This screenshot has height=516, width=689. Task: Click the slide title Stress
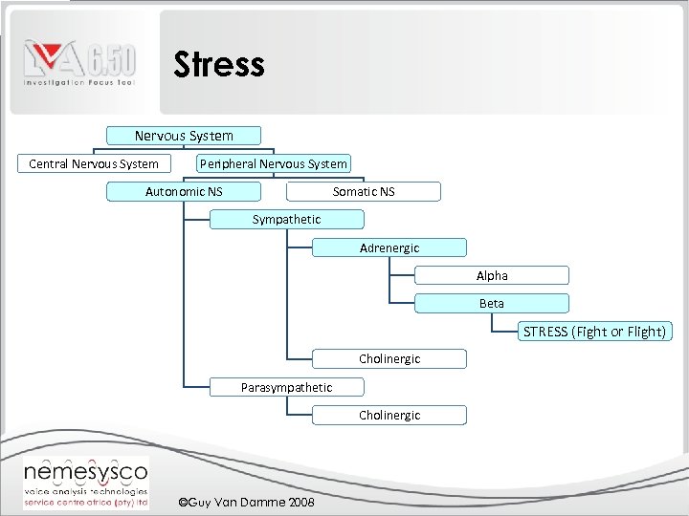tap(218, 65)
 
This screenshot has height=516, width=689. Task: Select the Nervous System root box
tap(184, 136)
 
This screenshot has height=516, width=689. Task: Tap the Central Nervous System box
tap(94, 163)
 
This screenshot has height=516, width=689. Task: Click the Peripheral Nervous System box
tap(274, 163)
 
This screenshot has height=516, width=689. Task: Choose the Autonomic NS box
tap(184, 191)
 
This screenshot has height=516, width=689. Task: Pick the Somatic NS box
tap(364, 191)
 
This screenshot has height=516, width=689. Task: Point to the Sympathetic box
tap(286, 219)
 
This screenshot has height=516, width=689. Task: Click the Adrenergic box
tap(389, 247)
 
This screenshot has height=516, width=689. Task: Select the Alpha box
tap(492, 275)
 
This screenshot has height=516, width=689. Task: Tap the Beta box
tap(492, 303)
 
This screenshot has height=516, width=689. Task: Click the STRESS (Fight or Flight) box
tap(594, 332)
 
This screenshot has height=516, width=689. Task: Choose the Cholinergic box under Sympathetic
tap(389, 359)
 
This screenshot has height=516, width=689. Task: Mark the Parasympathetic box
tap(286, 387)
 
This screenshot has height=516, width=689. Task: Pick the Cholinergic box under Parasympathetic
tap(389, 415)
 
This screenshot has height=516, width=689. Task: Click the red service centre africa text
tap(85, 502)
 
